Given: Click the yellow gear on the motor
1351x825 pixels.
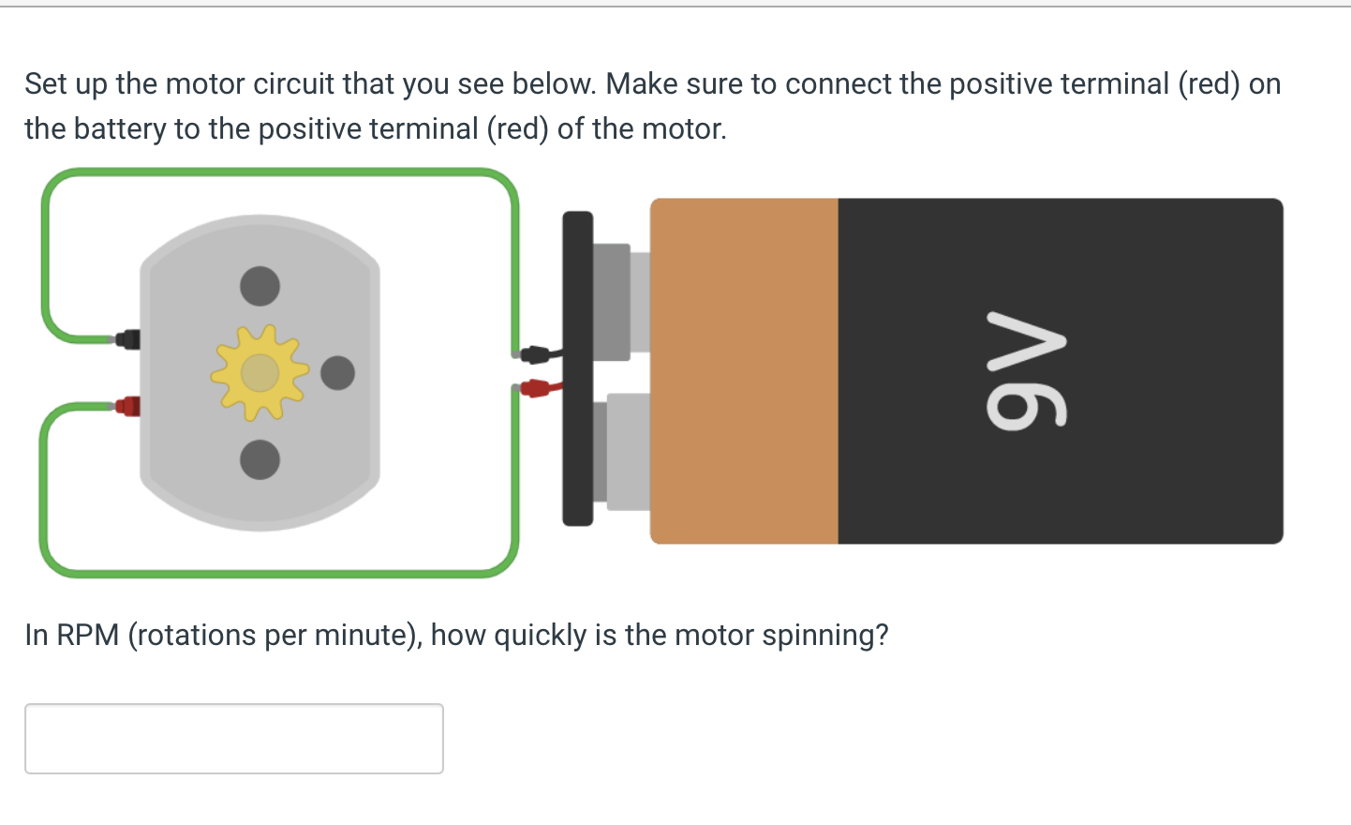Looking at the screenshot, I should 260,373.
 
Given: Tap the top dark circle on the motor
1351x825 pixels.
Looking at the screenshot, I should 260,286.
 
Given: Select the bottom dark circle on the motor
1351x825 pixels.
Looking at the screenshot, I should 260,459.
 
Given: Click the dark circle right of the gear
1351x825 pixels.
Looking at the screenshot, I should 337,373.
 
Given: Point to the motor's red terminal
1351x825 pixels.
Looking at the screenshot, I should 128,406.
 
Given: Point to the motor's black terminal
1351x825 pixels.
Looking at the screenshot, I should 128,339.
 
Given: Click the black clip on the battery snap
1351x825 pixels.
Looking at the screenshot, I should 535,354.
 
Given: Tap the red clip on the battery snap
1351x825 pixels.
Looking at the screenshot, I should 534,387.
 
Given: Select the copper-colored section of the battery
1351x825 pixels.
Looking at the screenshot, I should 744,370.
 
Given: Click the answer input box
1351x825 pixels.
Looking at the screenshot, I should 234,739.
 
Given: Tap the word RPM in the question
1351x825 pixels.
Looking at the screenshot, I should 88,636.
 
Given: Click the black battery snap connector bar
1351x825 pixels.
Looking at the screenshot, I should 577,368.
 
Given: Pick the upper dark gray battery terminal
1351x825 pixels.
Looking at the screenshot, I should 612,302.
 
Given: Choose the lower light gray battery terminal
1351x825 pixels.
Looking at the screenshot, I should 628,451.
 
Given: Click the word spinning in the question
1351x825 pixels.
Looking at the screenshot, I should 824,636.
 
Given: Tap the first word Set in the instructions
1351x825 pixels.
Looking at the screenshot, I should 46,84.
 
